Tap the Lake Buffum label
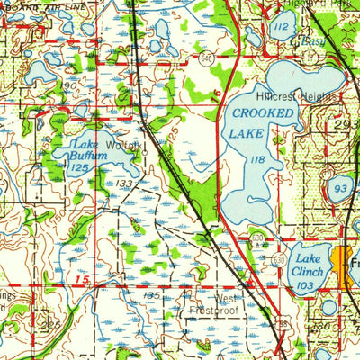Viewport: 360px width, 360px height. (87, 150)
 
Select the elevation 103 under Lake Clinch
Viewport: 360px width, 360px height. (305, 284)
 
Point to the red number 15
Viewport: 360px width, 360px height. (82, 283)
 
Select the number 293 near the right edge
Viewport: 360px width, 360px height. (346, 126)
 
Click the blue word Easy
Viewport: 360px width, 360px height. (312, 41)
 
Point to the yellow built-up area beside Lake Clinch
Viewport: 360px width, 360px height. (340, 265)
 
